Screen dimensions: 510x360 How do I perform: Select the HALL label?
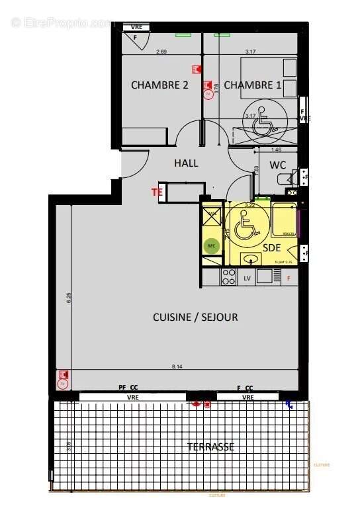pos(186,163)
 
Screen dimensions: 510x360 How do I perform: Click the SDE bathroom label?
pos(271,247)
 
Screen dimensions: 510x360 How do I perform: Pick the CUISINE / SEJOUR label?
pos(195,317)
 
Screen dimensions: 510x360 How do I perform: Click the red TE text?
pos(157,192)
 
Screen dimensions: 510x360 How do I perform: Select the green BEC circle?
pos(212,245)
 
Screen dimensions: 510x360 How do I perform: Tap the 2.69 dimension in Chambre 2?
pos(161,52)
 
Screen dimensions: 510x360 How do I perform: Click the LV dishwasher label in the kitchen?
pos(247,278)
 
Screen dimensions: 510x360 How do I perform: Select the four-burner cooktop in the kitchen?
pos(229,276)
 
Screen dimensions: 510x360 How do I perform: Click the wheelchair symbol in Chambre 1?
pos(264,122)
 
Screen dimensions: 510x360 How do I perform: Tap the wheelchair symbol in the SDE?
pos(246,225)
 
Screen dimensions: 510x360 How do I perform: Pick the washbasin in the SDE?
pos(250,259)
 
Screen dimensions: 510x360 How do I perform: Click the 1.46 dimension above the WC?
pos(277,150)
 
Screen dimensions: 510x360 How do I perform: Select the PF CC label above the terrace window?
pos(128,388)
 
